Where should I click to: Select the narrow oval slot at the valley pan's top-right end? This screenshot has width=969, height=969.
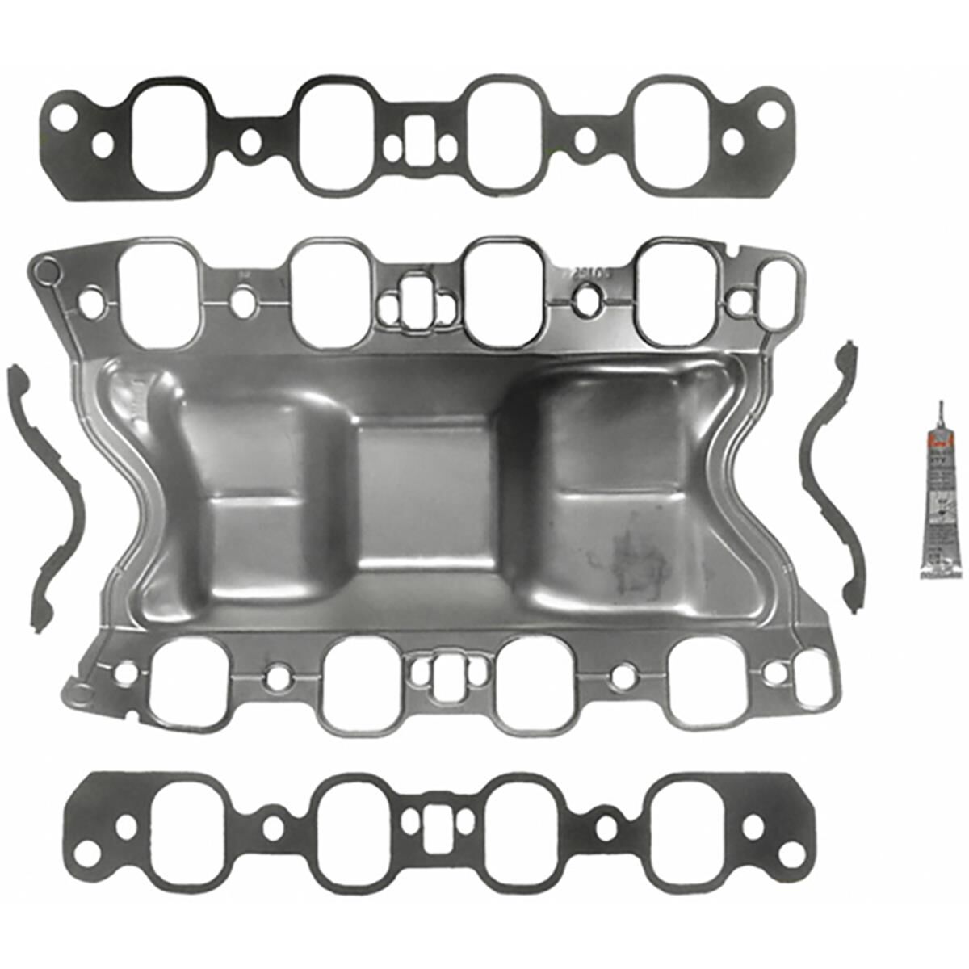tap(778, 289)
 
